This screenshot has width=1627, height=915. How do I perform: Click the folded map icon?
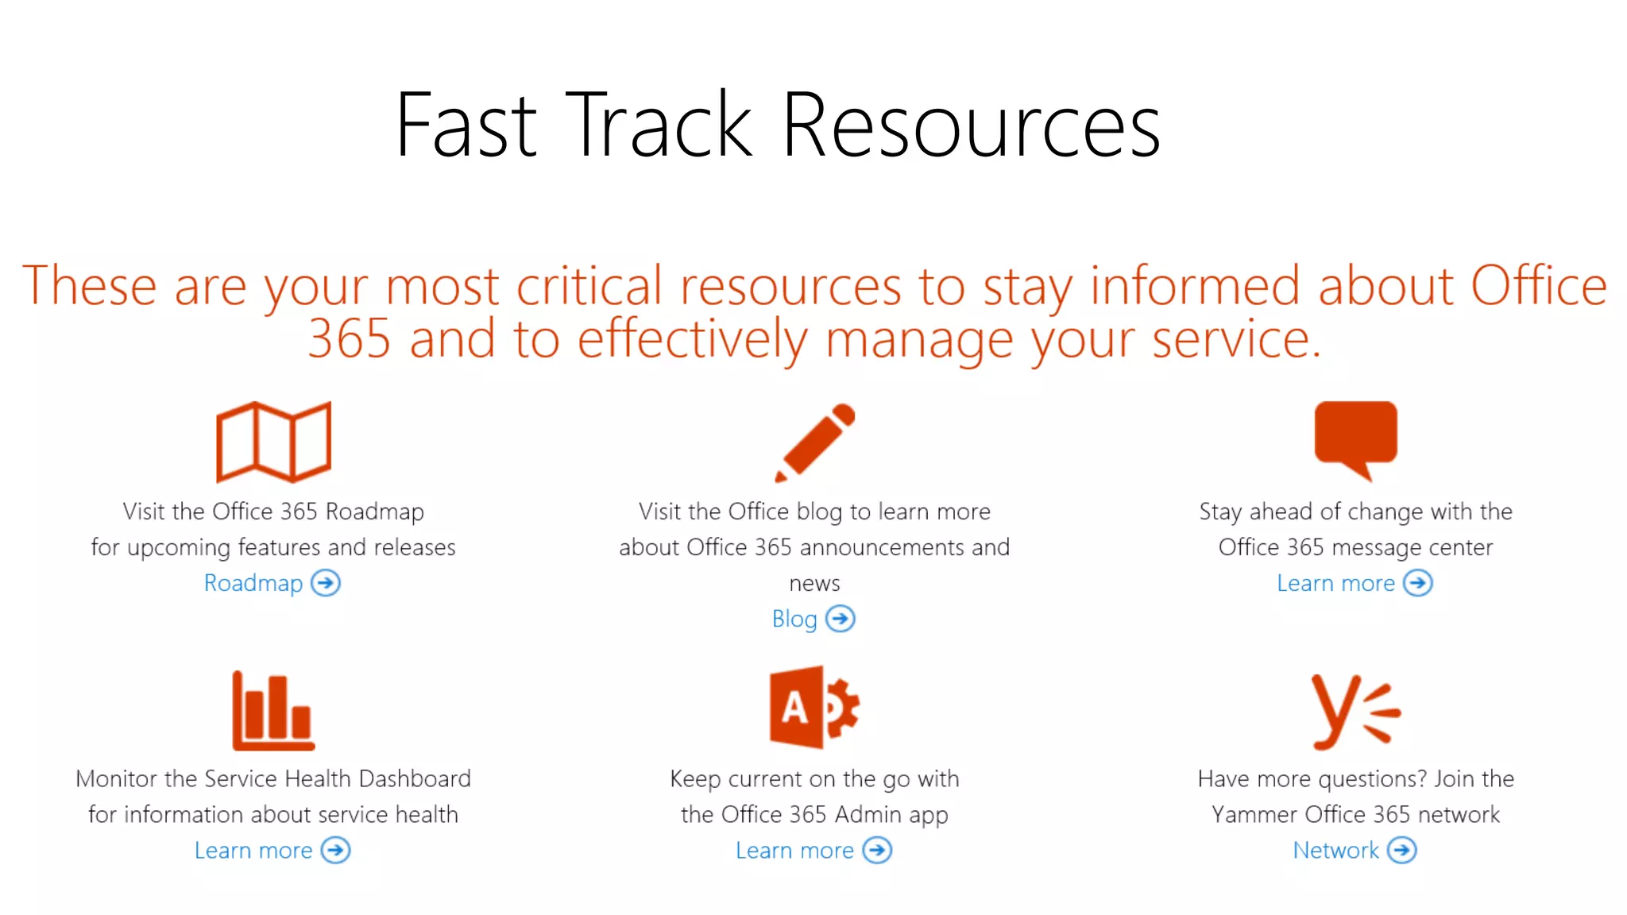[x=273, y=442]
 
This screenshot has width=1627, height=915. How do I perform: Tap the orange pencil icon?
[x=815, y=442]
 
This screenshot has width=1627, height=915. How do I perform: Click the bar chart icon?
[x=273, y=712]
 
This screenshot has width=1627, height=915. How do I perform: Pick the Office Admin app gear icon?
[x=814, y=707]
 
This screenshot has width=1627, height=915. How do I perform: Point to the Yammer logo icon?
[x=1354, y=712]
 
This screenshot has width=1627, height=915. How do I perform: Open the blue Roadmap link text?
[x=253, y=583]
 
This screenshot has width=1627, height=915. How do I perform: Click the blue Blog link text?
[x=794, y=619]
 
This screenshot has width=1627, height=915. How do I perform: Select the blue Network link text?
[x=1335, y=851]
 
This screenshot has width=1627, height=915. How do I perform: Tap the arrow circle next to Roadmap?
[x=326, y=583]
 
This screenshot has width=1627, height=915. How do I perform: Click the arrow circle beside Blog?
[x=841, y=619]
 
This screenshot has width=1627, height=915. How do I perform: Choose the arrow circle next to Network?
[x=1402, y=851]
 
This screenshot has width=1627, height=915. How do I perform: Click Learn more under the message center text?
[x=1335, y=583]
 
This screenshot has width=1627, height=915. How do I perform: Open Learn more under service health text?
[x=253, y=851]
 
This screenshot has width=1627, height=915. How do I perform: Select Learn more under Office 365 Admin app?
[x=794, y=851]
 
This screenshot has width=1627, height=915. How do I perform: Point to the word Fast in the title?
[x=467, y=125]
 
